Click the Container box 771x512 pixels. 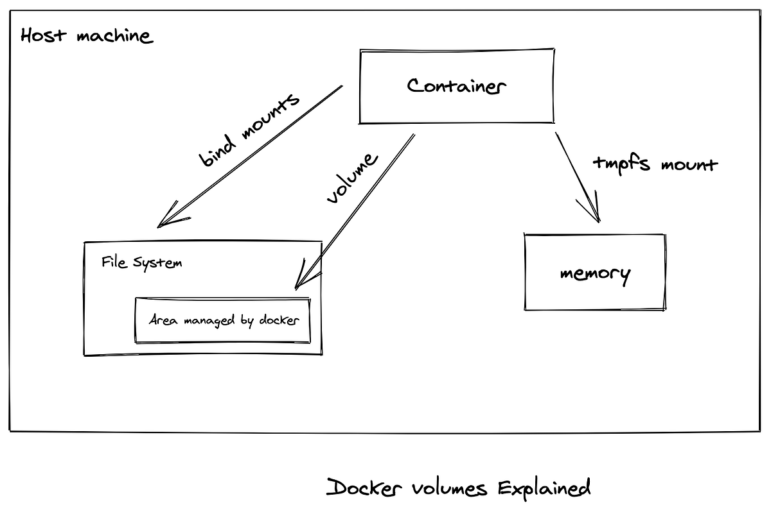(457, 85)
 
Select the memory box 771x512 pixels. (595, 273)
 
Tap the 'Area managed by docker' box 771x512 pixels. (222, 320)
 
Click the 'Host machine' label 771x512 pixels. (87, 35)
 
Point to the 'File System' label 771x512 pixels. (141, 262)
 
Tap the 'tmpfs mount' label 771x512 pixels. (654, 163)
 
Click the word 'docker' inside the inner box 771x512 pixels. (279, 320)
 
